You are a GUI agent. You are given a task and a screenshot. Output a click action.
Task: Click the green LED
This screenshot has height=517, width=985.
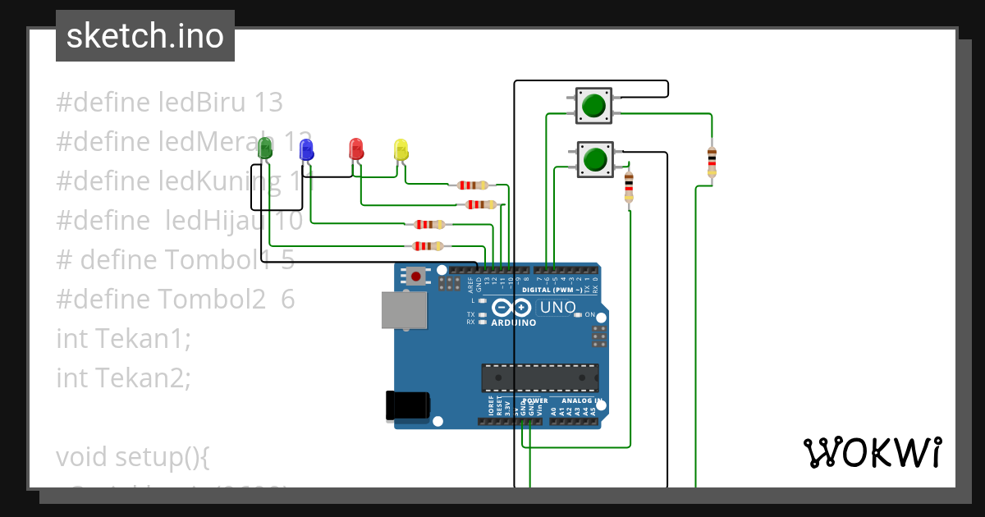point(264,149)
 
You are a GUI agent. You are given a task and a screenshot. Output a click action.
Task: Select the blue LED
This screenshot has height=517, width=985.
point(306,149)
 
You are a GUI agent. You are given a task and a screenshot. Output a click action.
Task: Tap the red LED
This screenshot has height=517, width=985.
point(356,149)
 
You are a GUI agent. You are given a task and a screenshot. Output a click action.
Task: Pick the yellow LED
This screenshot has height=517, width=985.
point(401,149)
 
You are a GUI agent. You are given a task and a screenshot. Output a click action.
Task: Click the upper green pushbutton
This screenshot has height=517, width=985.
point(593,106)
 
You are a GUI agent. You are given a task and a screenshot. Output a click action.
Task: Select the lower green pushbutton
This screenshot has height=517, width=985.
point(595,158)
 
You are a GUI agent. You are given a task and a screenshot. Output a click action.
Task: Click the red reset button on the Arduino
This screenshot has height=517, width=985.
point(416,277)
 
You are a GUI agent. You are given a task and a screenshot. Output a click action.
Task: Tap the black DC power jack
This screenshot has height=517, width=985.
point(407,405)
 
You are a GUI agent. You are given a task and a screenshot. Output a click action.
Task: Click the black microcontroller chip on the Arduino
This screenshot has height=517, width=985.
point(539,377)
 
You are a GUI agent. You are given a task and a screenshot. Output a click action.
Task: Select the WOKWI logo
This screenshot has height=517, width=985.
point(872,452)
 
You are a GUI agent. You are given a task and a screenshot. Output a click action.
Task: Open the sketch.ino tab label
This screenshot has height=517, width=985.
point(145,36)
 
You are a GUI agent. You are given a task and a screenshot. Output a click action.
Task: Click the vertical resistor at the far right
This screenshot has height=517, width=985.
point(711,162)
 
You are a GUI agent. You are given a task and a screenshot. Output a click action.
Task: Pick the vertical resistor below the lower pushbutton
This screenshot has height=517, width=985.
point(629,187)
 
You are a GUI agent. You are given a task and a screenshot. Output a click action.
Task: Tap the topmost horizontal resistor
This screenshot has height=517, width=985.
point(472,185)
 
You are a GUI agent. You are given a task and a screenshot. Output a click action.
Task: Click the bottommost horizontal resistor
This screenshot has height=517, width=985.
point(428,245)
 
